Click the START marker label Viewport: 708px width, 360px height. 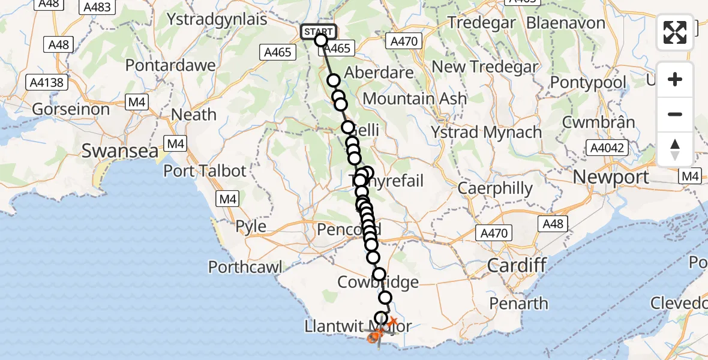click(x=317, y=31)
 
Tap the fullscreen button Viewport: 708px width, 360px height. click(x=675, y=32)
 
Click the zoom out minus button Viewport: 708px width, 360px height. click(x=675, y=114)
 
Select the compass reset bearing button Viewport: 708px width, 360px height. click(x=675, y=149)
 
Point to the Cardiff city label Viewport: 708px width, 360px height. click(x=517, y=265)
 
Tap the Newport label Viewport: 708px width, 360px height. click(x=611, y=177)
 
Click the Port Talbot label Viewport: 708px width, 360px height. click(x=205, y=171)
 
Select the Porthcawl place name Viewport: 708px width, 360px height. click(x=245, y=266)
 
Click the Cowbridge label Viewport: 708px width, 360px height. click(x=378, y=282)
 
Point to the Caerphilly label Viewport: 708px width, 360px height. click(x=495, y=188)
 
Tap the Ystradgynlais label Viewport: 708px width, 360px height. click(x=217, y=19)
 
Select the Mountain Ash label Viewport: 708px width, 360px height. click(x=415, y=98)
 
